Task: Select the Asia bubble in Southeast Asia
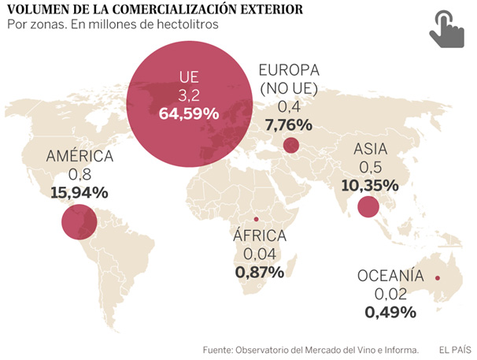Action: [x=367, y=207]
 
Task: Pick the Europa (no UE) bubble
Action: [x=290, y=145]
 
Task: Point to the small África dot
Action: [x=255, y=219]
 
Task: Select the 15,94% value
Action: [x=78, y=191]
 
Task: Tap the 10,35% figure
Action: [x=371, y=187]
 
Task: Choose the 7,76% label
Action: [x=289, y=124]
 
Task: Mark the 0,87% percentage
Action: [x=259, y=273]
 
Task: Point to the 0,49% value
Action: [x=390, y=312]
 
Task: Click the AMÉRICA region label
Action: [x=79, y=156]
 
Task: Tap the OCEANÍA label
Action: [x=390, y=276]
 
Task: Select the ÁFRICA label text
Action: [x=260, y=236]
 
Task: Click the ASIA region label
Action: [x=370, y=149]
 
